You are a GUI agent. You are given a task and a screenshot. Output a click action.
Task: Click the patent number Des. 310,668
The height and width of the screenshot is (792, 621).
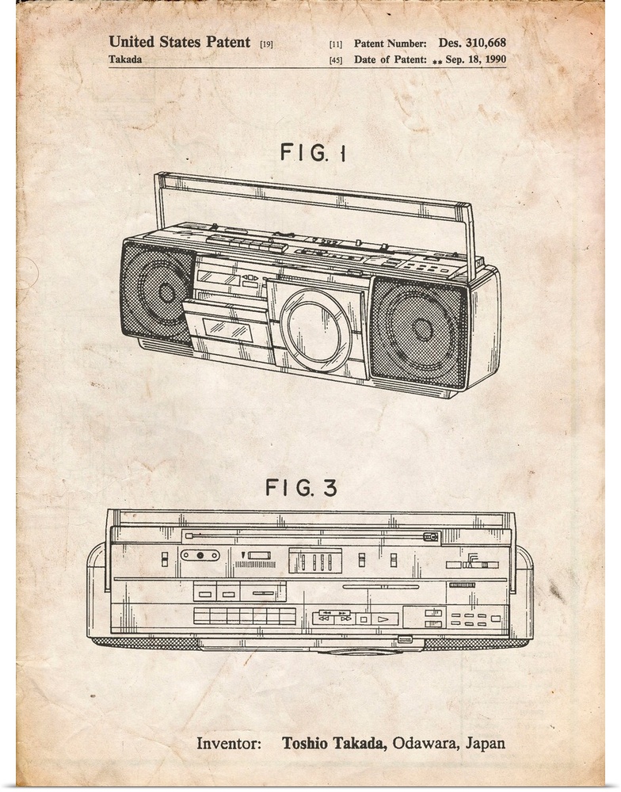coord(472,43)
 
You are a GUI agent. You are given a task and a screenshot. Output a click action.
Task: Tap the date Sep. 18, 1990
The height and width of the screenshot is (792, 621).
coord(475,59)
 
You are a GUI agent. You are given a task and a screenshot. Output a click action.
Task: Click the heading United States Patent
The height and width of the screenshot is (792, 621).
coord(179,42)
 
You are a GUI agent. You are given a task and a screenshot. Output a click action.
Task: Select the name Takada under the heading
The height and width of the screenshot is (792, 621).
coord(125,59)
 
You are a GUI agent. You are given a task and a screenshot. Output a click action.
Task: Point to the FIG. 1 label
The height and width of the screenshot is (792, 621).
coord(314,152)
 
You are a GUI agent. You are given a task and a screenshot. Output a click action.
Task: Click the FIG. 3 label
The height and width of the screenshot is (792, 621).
coord(301,487)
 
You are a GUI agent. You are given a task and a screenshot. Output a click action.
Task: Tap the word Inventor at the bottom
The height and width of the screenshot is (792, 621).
coord(228,744)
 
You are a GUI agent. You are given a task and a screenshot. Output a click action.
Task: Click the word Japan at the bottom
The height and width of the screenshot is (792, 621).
coord(485,744)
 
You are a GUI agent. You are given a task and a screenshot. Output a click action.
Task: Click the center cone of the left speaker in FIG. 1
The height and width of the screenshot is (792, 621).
coord(167,292)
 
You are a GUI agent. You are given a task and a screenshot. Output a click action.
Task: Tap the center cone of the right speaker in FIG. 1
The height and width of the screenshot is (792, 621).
coord(423,329)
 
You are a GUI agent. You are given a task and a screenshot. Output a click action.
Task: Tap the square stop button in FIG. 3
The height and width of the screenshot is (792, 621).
coord(363,619)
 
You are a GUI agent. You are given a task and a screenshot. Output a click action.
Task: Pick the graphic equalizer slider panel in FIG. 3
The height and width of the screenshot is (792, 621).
coord(315,561)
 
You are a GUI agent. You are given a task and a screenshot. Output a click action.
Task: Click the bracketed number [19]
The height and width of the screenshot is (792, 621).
coord(266,44)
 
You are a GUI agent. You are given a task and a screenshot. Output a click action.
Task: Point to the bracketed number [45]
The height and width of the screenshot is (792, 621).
coord(336,60)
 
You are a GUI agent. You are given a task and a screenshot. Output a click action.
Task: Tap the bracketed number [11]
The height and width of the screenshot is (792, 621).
coord(336,44)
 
